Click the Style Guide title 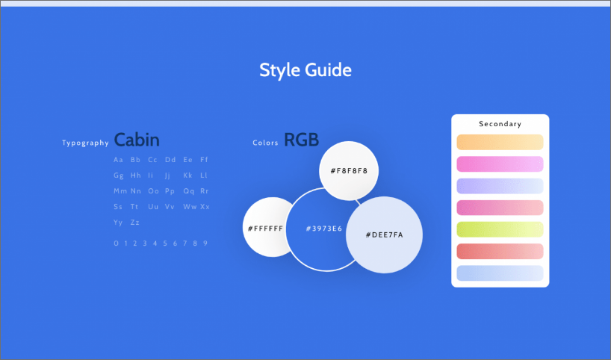point(305,70)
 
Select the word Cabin point(137,140)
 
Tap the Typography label point(85,143)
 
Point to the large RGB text point(302,140)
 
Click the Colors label point(265,143)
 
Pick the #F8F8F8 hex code point(349,170)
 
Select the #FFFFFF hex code point(265,229)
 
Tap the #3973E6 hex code point(324,229)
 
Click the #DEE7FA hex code point(384,235)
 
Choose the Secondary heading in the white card point(500,124)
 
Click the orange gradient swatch point(500,142)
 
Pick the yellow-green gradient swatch point(500,229)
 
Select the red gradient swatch point(500,251)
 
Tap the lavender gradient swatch point(500,186)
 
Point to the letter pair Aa point(119,160)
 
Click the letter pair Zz point(135,223)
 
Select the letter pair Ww point(190,207)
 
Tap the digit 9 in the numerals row point(205,243)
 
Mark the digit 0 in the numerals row point(116,243)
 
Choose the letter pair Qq point(189,191)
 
